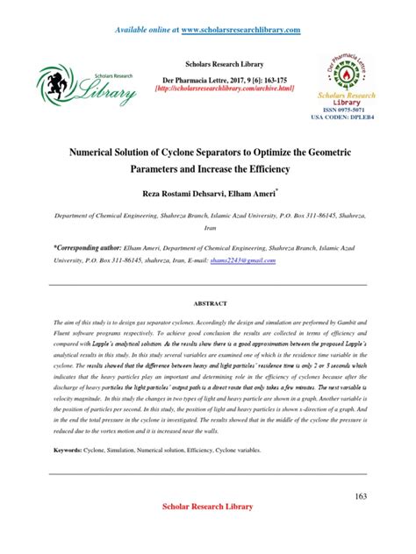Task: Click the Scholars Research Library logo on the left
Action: (x=86, y=86)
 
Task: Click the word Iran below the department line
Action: (x=207, y=225)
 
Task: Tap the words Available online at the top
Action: (x=146, y=30)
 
